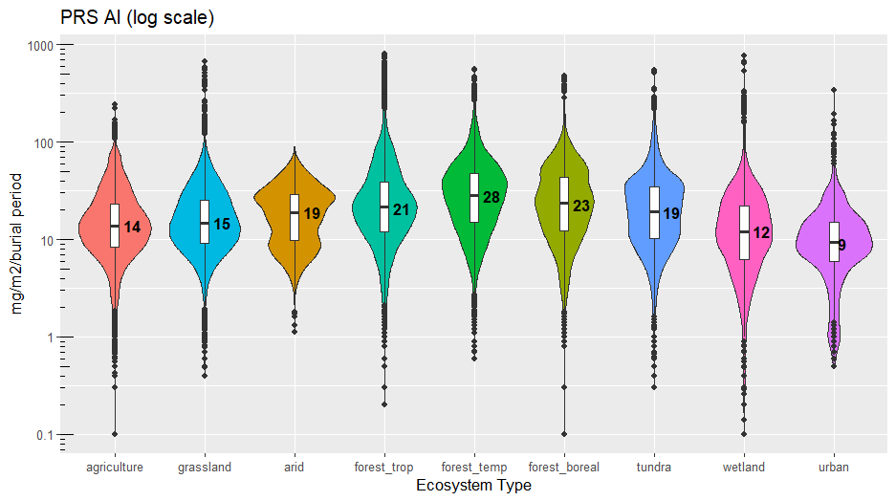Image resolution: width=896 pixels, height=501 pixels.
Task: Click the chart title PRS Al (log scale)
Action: tap(137, 18)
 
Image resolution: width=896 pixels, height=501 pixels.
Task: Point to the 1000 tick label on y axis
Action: tap(43, 45)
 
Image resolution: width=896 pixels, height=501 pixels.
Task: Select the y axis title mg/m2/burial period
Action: tap(18, 239)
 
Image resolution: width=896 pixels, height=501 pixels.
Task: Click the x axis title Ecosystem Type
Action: tap(474, 486)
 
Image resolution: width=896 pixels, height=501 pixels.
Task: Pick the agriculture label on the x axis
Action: tap(115, 468)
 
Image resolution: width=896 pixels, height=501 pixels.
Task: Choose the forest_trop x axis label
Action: tap(383, 468)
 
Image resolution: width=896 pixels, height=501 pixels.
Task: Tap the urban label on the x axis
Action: tap(834, 468)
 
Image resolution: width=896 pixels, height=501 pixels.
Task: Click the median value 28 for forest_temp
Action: tap(492, 197)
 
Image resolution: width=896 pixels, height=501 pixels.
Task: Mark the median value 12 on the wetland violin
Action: tap(761, 232)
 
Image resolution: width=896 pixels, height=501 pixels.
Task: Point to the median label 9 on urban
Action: tap(842, 245)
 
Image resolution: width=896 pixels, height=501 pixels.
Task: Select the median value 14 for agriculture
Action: tap(132, 228)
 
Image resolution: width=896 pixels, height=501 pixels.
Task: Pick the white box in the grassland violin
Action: tap(205, 221)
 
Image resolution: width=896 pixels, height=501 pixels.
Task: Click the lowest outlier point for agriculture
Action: tap(115, 434)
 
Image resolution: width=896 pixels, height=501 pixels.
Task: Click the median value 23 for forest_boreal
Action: tap(581, 206)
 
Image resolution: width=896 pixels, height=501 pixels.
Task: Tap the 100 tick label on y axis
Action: tap(46, 142)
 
